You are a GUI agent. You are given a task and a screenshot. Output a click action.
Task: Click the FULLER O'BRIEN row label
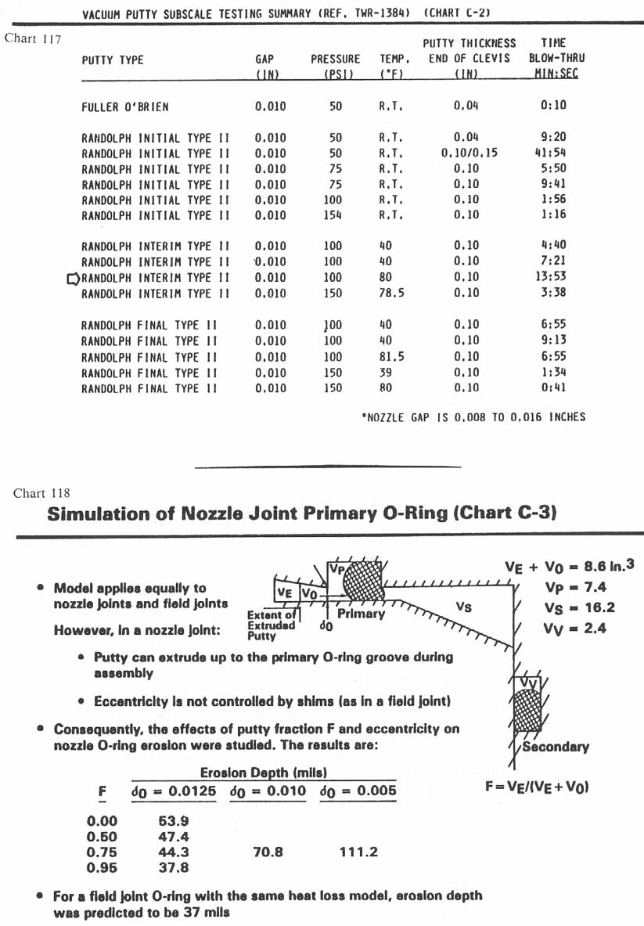pyautogui.click(x=125, y=106)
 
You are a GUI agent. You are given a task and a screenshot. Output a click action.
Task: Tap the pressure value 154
pyautogui.click(x=333, y=215)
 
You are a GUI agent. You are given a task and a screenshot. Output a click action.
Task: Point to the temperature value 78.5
pyautogui.click(x=385, y=293)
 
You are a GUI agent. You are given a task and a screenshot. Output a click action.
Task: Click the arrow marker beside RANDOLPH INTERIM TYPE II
pyautogui.click(x=74, y=278)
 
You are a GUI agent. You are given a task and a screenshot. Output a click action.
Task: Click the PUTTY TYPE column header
pyautogui.click(x=113, y=59)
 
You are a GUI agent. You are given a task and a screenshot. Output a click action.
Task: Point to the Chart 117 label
pyautogui.click(x=33, y=38)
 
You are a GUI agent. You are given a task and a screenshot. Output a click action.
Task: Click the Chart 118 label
pyautogui.click(x=41, y=493)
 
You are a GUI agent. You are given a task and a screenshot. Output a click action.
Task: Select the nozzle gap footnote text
pyautogui.click(x=473, y=416)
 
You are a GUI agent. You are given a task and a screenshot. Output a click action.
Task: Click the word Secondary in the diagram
pyautogui.click(x=555, y=747)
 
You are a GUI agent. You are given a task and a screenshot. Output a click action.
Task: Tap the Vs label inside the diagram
pyautogui.click(x=463, y=606)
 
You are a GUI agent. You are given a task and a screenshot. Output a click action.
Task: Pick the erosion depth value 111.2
pyautogui.click(x=358, y=852)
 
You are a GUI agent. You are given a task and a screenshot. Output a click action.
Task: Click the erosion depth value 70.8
pyautogui.click(x=268, y=852)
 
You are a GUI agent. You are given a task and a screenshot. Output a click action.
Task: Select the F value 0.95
pyautogui.click(x=101, y=867)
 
